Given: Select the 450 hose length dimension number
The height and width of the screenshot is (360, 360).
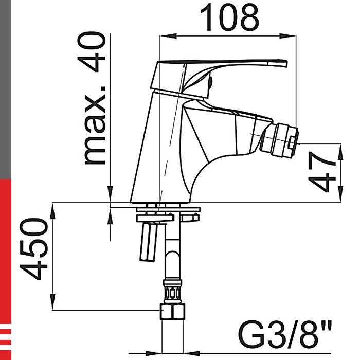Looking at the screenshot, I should pyautogui.click(x=34, y=249).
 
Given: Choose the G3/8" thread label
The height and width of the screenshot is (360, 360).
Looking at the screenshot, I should pyautogui.click(x=286, y=335).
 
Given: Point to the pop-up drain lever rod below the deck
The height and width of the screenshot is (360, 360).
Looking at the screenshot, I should pyautogui.click(x=148, y=241).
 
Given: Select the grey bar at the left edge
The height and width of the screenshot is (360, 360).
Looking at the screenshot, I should pyautogui.click(x=5, y=87).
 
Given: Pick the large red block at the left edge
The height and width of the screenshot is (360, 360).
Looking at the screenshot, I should pyautogui.click(x=5, y=247).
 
